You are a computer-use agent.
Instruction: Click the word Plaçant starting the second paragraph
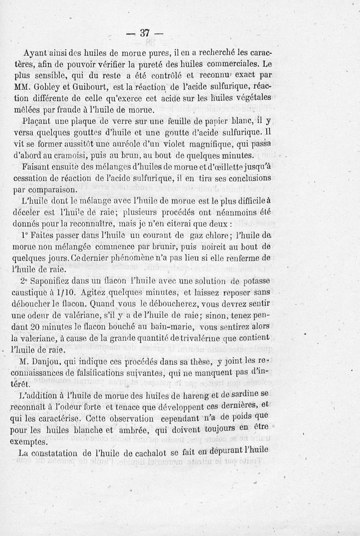click(37, 122)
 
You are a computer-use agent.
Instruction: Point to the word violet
click(171, 145)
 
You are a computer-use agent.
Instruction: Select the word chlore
click(214, 236)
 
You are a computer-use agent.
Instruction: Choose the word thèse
click(194, 361)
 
